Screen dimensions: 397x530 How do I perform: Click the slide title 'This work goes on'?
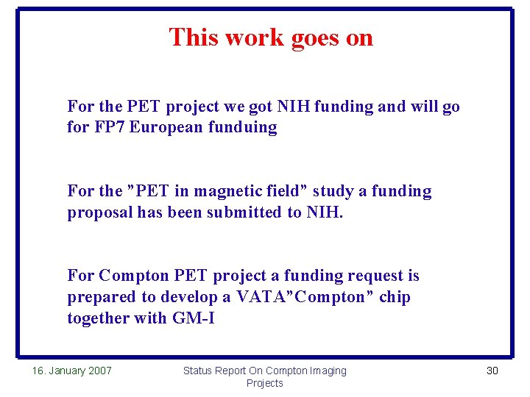(x=271, y=37)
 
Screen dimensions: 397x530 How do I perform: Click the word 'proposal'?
(x=96, y=213)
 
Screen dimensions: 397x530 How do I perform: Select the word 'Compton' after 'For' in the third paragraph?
(x=134, y=276)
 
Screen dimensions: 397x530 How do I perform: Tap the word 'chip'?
(x=396, y=298)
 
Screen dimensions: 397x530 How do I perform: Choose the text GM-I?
(x=193, y=318)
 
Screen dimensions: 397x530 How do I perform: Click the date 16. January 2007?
(x=72, y=371)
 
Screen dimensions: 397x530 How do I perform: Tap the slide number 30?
(x=492, y=371)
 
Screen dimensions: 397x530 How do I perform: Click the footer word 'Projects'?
(x=264, y=383)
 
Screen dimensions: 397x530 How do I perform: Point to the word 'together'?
(x=98, y=318)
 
